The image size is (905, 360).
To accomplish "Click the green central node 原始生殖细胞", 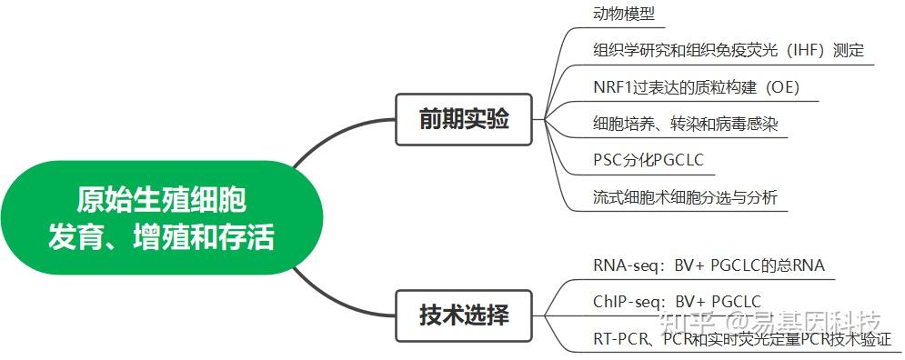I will coord(161,218).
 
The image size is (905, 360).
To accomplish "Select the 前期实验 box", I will coord(464,119).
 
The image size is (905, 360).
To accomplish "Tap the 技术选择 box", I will coord(464,315).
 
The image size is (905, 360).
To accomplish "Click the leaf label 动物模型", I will coord(623,14).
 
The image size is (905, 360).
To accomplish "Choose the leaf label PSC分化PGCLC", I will coord(647,161).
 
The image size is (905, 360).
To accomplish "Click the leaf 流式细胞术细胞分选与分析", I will coord(685,197).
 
